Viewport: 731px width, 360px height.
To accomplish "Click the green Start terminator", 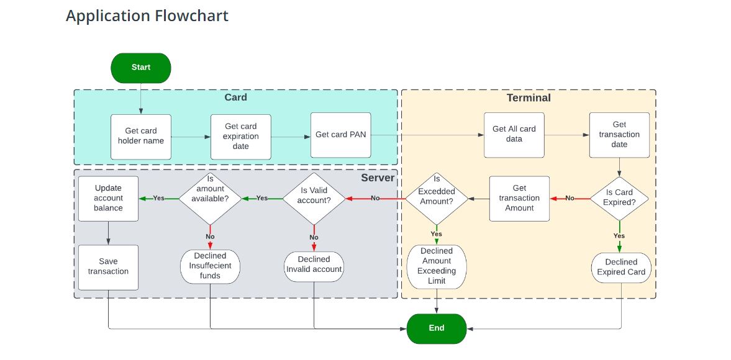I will click(141, 68).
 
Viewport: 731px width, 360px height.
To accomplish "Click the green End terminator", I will click(437, 328).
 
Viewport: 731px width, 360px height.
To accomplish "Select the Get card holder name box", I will click(141, 136).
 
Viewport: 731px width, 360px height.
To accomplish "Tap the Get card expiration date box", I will click(241, 136).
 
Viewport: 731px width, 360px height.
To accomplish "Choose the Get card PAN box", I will click(341, 135).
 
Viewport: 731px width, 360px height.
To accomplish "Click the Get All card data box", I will click(514, 135).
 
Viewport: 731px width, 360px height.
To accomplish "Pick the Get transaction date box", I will click(619, 135).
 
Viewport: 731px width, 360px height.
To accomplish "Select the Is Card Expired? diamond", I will click(619, 198).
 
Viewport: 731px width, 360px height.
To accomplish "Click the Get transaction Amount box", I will click(519, 198).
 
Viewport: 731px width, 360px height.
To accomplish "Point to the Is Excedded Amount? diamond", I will click(437, 198).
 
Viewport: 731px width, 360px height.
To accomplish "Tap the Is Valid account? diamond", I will click(314, 198).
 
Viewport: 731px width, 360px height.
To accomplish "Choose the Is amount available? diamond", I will click(210, 198).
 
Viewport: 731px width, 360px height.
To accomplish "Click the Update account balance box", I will click(109, 198).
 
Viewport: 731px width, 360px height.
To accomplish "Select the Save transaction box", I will click(109, 267).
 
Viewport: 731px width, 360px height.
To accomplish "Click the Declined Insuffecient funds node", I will click(210, 266).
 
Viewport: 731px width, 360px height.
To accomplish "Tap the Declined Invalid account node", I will click(314, 264).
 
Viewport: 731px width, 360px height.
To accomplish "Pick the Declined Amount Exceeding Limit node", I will click(437, 266).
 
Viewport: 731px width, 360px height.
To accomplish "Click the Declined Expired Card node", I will click(621, 267).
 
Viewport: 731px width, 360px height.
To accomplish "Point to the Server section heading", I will click(378, 178).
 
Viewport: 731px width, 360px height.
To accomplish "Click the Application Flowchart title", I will click(147, 16).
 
